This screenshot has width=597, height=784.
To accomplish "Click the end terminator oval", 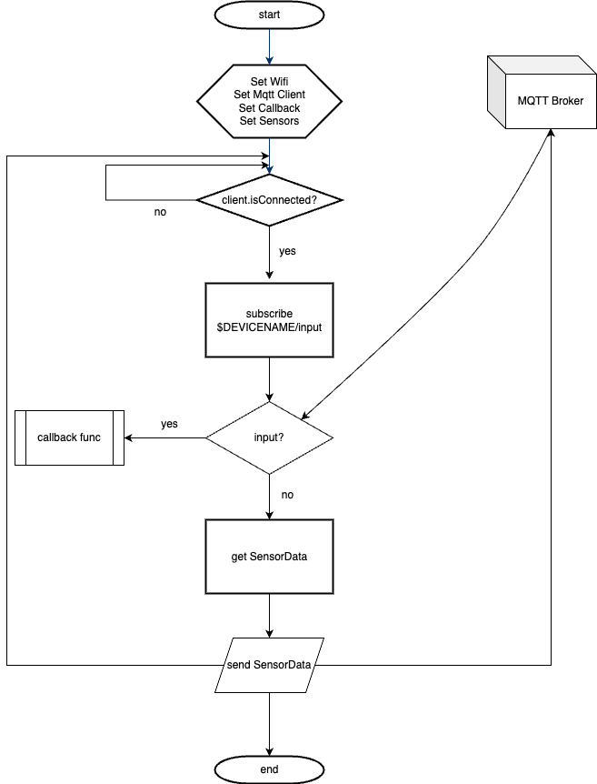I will point(269,769).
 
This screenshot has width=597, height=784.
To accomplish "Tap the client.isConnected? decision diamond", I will point(269,198).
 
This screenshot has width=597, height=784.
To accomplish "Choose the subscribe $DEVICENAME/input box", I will point(269,320).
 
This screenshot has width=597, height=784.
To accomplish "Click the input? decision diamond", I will point(269,437).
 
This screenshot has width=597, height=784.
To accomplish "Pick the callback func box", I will point(69,437).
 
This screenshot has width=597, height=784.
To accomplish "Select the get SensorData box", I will point(269,556).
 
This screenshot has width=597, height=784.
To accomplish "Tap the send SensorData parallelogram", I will point(269,665).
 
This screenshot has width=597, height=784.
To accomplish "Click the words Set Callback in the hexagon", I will point(269,107).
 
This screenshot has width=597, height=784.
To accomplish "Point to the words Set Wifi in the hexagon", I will point(269,81).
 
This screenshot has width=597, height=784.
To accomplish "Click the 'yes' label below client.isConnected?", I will point(287,250).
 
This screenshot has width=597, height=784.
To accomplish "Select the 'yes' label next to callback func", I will point(169,424).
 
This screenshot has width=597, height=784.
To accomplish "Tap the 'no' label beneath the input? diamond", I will point(287,495).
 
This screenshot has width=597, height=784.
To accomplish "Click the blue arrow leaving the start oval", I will point(269,45).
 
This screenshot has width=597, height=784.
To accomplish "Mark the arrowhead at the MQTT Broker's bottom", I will point(552,133).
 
